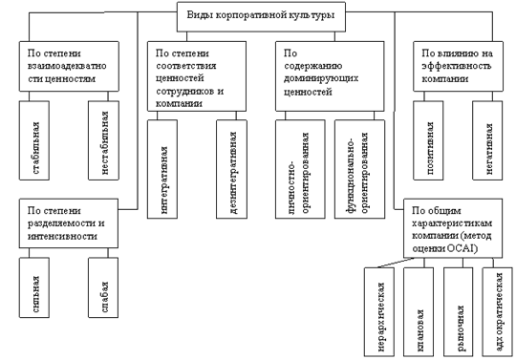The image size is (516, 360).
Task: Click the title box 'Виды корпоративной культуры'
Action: point(261,17)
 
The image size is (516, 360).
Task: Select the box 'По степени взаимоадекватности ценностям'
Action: point(69,66)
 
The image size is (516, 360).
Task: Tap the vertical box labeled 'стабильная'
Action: point(34,140)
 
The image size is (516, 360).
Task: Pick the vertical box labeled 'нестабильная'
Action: point(103,140)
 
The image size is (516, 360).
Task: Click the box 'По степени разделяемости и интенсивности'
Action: point(69,223)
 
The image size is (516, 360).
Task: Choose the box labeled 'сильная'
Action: point(34,287)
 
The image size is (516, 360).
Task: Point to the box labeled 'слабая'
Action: point(103,287)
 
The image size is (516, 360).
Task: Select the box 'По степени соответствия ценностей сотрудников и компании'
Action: point(197,76)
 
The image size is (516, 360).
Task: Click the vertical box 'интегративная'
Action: point(162,169)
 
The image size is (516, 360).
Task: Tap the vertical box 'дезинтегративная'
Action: point(231,169)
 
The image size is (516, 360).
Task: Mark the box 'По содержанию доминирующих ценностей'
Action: point(330,76)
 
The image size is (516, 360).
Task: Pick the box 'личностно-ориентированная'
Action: point(300,169)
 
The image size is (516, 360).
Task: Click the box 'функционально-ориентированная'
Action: point(359,169)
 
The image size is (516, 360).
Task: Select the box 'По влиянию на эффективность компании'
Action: point(458,66)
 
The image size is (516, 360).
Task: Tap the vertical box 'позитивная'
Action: point(428,140)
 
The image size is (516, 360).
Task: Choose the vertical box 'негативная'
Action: point(487,140)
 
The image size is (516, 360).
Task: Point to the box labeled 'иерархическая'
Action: point(379,311)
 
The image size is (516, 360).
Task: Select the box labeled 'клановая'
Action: point(419,311)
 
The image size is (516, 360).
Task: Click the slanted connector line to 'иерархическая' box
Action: point(396,263)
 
